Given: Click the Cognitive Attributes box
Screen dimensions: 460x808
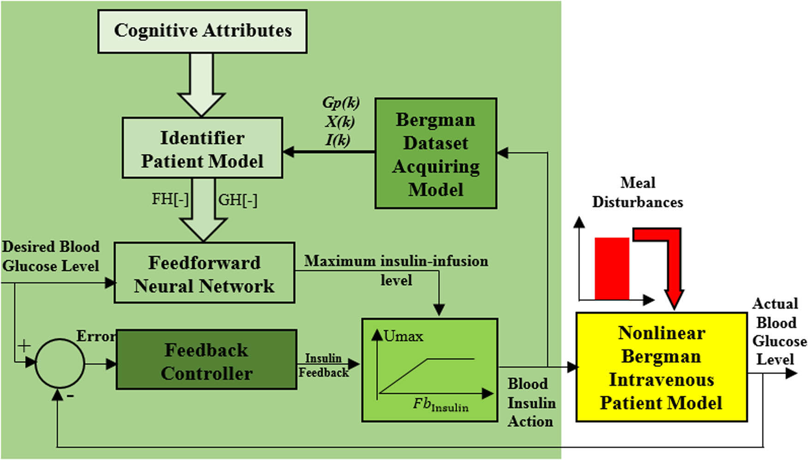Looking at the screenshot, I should point(202,31).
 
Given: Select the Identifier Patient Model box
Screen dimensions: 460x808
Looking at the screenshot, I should point(202,148).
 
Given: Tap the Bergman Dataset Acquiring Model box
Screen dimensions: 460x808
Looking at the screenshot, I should point(435,153).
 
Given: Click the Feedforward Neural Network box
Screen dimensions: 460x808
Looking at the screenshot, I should point(204,273).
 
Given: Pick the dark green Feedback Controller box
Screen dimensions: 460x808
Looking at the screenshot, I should point(206,360).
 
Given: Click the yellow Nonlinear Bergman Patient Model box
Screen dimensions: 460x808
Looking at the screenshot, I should point(661,368).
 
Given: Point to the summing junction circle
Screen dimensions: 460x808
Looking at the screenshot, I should point(60,363).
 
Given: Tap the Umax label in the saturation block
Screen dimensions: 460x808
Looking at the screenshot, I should point(403,336).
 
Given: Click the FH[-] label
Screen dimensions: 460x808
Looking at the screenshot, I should point(170,200).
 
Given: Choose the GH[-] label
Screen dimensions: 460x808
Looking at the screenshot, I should point(238,200).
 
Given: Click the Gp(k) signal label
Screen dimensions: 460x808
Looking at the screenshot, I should point(341,103).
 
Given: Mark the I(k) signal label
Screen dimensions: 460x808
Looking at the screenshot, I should point(338,139).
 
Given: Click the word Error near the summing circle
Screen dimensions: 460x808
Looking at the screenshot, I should point(96,336).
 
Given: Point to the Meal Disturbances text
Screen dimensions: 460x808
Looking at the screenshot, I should point(637,192).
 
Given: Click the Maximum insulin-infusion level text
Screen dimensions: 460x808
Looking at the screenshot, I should point(396,270).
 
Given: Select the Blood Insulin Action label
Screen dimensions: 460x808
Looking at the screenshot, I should point(531,403).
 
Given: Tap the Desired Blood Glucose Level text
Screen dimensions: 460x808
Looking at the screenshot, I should point(51,256).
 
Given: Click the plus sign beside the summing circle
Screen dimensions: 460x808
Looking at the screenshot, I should point(24,345).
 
